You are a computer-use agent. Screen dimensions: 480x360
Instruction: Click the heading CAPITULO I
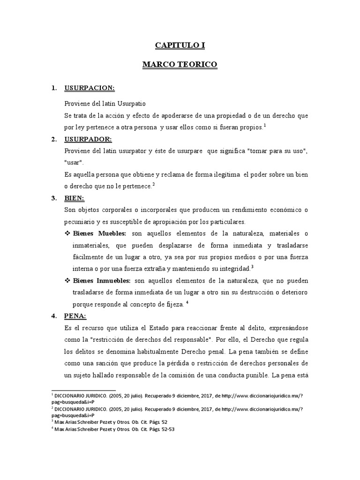coord(180,45)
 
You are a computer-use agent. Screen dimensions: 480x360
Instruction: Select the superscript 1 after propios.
coord(265,125)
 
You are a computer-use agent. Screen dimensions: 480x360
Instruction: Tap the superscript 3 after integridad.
coord(252,267)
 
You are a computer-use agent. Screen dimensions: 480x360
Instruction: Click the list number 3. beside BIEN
coord(54,198)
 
